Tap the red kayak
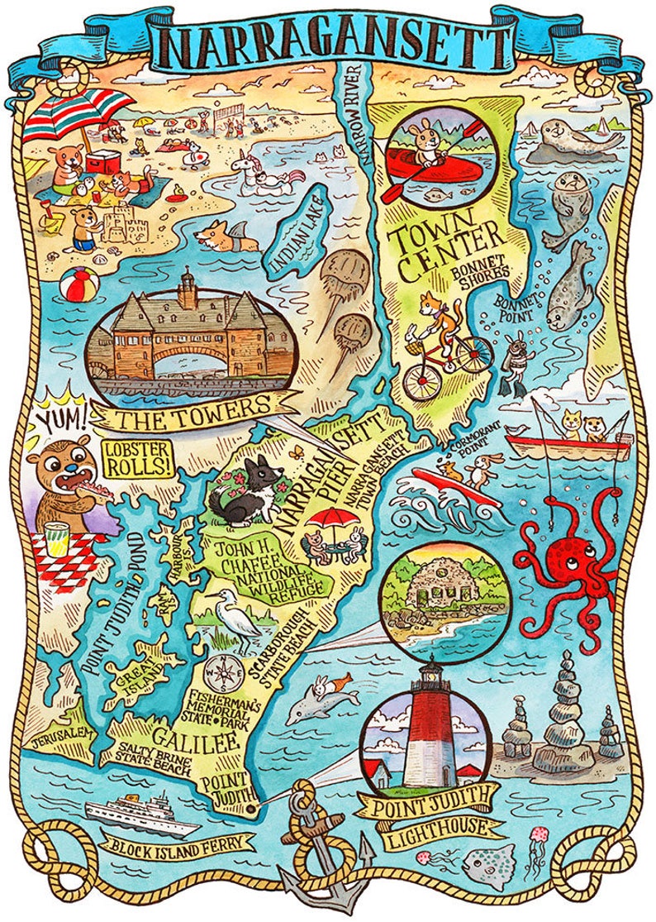[x=425, y=169]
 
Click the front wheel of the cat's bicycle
[x=421, y=380]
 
